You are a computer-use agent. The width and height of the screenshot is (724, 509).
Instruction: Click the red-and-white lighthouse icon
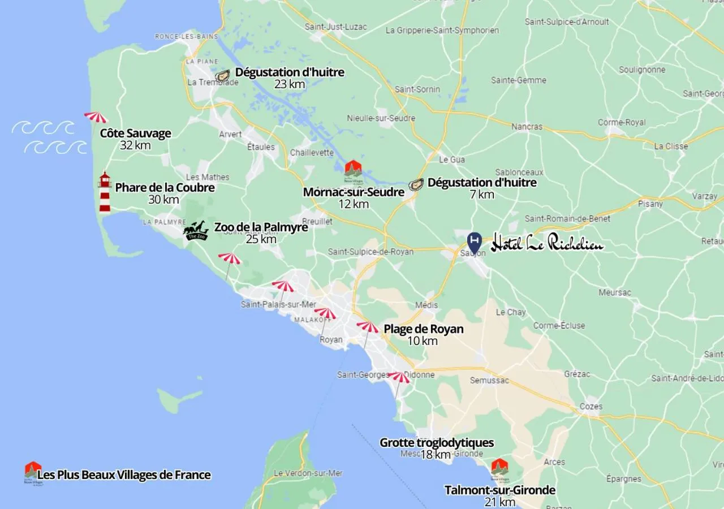pos(105,192)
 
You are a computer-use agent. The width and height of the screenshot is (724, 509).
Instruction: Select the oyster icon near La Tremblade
pos(223,76)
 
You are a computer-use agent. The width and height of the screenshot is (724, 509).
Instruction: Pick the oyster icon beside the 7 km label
pos(416,184)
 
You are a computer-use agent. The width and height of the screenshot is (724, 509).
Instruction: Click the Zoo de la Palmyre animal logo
pos(196,231)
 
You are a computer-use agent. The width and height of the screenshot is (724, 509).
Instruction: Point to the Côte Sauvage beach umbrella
pos(96,117)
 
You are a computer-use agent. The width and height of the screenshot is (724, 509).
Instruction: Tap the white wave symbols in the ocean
pos(50,137)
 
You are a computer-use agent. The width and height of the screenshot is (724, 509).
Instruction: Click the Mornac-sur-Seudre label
pos(354,192)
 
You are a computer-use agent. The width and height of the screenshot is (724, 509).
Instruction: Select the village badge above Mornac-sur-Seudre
pos(354,170)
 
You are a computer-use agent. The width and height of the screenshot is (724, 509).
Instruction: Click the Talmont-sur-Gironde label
pos(500,490)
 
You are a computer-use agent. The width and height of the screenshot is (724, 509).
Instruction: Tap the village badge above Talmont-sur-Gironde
pos(499,468)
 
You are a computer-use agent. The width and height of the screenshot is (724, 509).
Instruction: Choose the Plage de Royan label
pos(424,329)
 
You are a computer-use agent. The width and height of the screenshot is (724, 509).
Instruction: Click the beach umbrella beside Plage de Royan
pos(368,327)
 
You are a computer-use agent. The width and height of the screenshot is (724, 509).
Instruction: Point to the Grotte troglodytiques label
pos(437,443)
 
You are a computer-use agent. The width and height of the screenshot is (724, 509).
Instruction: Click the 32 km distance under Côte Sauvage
pos(135,145)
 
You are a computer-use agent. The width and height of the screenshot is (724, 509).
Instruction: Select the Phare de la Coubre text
pos(165,188)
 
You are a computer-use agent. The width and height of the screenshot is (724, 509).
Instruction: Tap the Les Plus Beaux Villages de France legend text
pos(124,475)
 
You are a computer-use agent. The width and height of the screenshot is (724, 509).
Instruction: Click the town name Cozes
pos(591,406)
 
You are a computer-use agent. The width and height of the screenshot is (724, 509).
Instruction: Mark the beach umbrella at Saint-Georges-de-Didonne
pos(399,377)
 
